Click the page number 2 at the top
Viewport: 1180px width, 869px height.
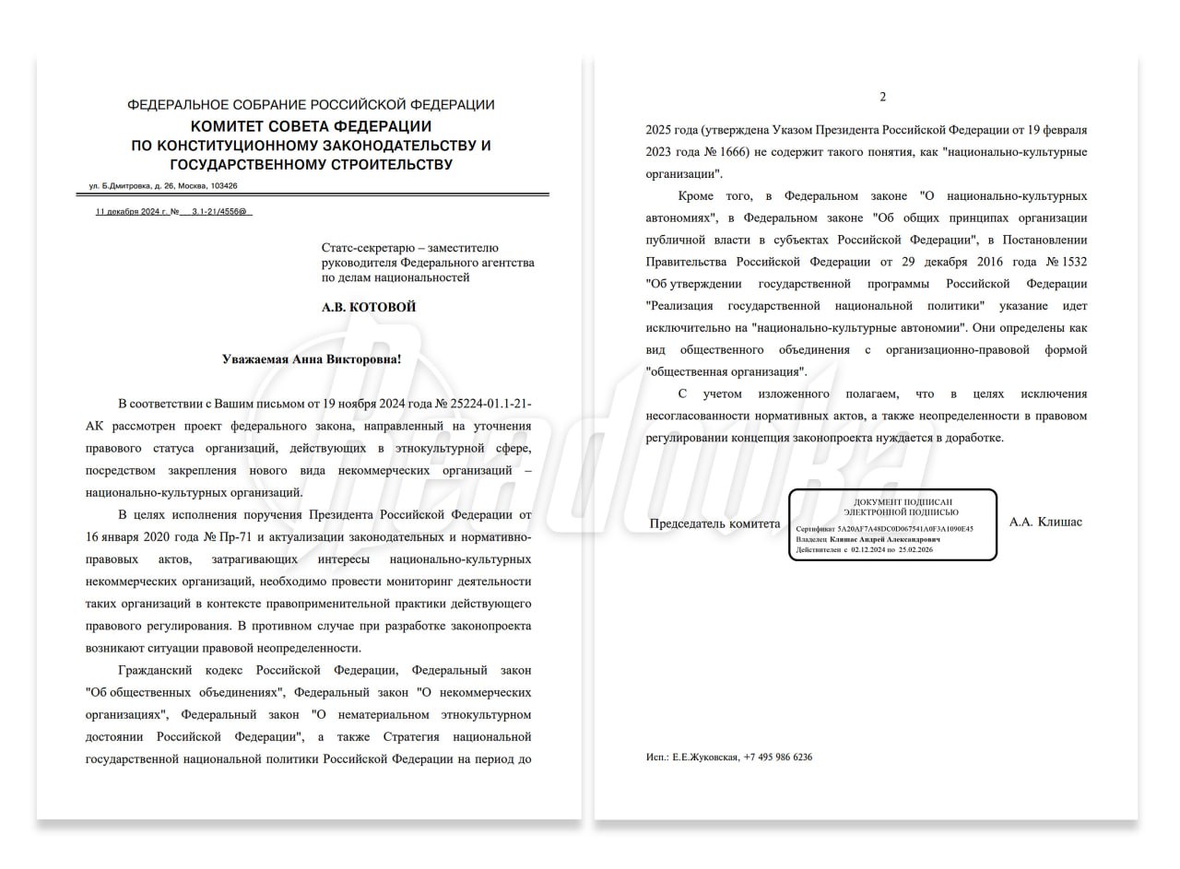(x=882, y=97)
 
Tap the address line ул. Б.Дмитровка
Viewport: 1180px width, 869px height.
(x=162, y=185)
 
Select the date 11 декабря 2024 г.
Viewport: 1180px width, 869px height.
(x=132, y=212)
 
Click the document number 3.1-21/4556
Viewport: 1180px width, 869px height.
(x=220, y=212)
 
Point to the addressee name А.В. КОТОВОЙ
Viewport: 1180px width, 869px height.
(x=368, y=307)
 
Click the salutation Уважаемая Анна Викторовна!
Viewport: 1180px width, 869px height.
(x=312, y=358)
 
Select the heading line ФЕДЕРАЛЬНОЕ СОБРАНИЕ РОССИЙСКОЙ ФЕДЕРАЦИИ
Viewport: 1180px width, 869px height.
(x=311, y=105)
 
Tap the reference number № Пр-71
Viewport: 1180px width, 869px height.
(x=227, y=536)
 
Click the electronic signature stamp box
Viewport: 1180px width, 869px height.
(x=891, y=525)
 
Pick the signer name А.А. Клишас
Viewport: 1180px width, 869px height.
(x=1045, y=522)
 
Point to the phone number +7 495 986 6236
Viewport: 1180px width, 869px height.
(x=777, y=757)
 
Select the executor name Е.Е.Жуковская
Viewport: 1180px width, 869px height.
(x=705, y=757)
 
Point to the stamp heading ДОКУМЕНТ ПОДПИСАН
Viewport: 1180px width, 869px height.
(x=892, y=501)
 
